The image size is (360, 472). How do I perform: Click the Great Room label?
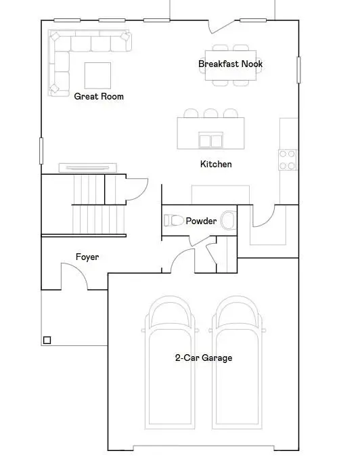click(x=99, y=96)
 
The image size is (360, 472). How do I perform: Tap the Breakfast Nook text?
click(x=230, y=64)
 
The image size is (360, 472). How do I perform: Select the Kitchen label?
click(x=216, y=164)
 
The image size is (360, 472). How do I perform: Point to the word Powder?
click(x=201, y=221)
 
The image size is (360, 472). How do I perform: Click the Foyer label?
click(x=87, y=257)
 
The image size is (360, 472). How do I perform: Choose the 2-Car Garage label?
click(x=204, y=358)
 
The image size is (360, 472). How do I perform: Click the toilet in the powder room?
click(x=173, y=221)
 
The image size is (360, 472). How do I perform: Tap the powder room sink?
click(x=229, y=220)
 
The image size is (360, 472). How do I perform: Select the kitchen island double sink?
click(x=211, y=140)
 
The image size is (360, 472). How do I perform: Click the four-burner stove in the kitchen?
click(x=287, y=160)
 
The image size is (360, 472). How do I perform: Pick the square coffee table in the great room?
click(x=97, y=76)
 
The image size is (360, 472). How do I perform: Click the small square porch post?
click(x=47, y=340)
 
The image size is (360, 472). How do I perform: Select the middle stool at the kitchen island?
click(x=211, y=113)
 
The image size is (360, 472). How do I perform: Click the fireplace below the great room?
click(x=88, y=168)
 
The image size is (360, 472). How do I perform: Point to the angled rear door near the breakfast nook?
click(x=222, y=27)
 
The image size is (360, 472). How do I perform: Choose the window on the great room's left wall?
click(x=41, y=151)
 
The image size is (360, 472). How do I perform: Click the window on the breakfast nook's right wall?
click(x=298, y=70)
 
